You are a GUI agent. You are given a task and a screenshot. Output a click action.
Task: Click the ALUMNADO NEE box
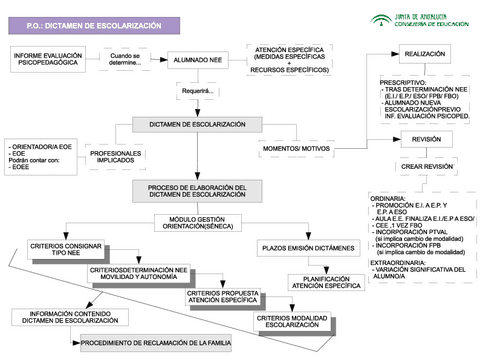pyautogui.click(x=198, y=59)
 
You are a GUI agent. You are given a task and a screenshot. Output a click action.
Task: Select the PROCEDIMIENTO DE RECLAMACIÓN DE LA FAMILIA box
pyautogui.click(x=160, y=343)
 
